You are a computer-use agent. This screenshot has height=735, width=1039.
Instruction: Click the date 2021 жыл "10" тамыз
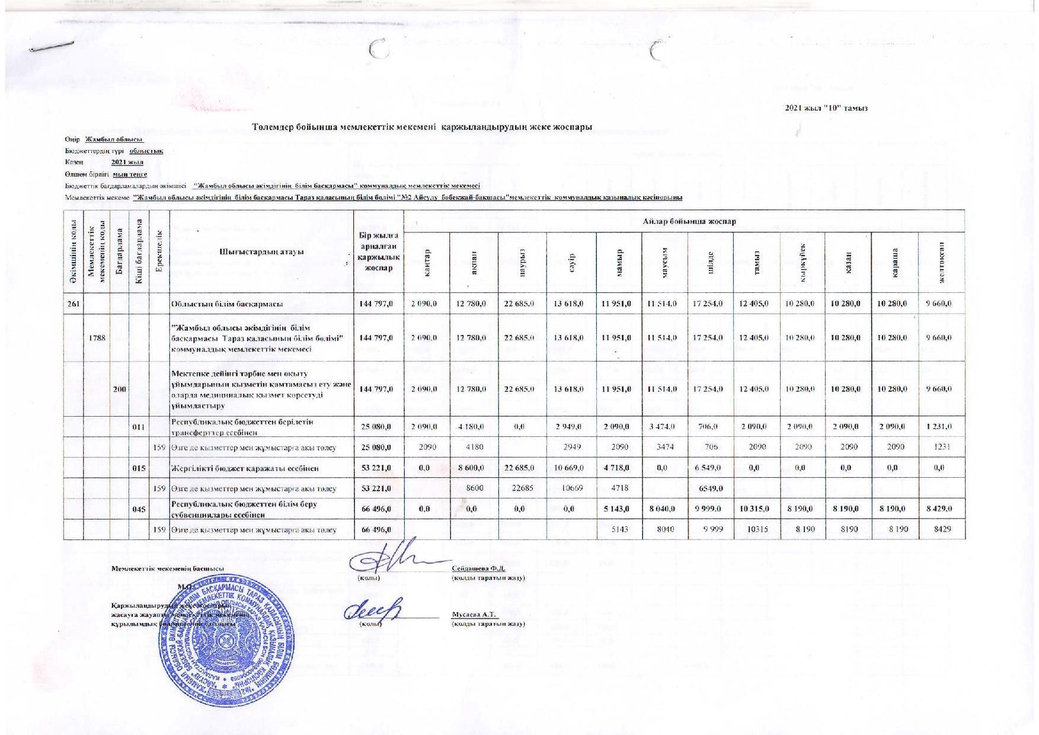(x=826, y=108)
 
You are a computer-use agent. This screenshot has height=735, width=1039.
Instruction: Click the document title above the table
(x=421, y=127)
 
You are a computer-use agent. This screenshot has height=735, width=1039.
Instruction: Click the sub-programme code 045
(x=139, y=509)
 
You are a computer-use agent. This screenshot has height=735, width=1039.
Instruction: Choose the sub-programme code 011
(x=139, y=427)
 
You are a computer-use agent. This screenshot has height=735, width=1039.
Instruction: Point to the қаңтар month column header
(x=426, y=263)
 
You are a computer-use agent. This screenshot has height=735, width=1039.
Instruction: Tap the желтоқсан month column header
(x=941, y=263)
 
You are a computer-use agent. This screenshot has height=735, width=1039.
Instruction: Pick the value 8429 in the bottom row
(x=941, y=529)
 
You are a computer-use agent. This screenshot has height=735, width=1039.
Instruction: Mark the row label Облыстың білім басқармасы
(x=226, y=304)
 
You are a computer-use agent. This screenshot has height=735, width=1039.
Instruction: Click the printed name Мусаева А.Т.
(x=474, y=615)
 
